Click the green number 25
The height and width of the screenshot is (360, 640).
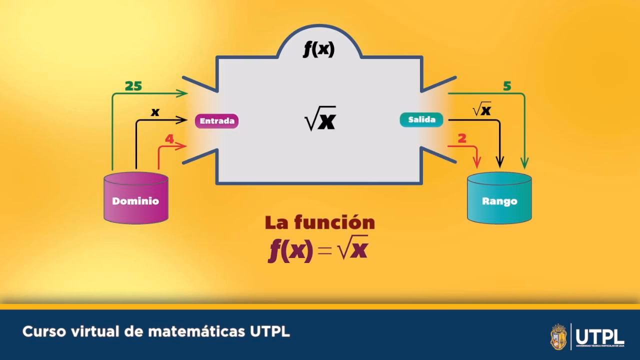coord(133,86)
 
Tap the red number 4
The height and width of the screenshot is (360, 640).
coord(169,139)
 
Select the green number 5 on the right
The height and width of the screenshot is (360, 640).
coord(507,86)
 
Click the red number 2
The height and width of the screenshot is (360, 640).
coord(462,138)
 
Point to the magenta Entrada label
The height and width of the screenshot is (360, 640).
coord(216,121)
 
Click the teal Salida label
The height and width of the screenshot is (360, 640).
coord(421,120)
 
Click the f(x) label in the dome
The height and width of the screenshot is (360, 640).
coord(319,49)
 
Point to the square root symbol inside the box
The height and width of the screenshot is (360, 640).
coord(311,120)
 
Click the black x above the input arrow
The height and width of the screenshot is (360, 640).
coord(155,112)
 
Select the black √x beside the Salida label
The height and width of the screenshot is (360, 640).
coord(481,109)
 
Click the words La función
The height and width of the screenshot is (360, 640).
coord(319,222)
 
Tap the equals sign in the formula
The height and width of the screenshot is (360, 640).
coord(324,250)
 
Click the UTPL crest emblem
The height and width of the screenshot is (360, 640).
coord(558,336)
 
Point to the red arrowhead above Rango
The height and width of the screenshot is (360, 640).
coord(477,162)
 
